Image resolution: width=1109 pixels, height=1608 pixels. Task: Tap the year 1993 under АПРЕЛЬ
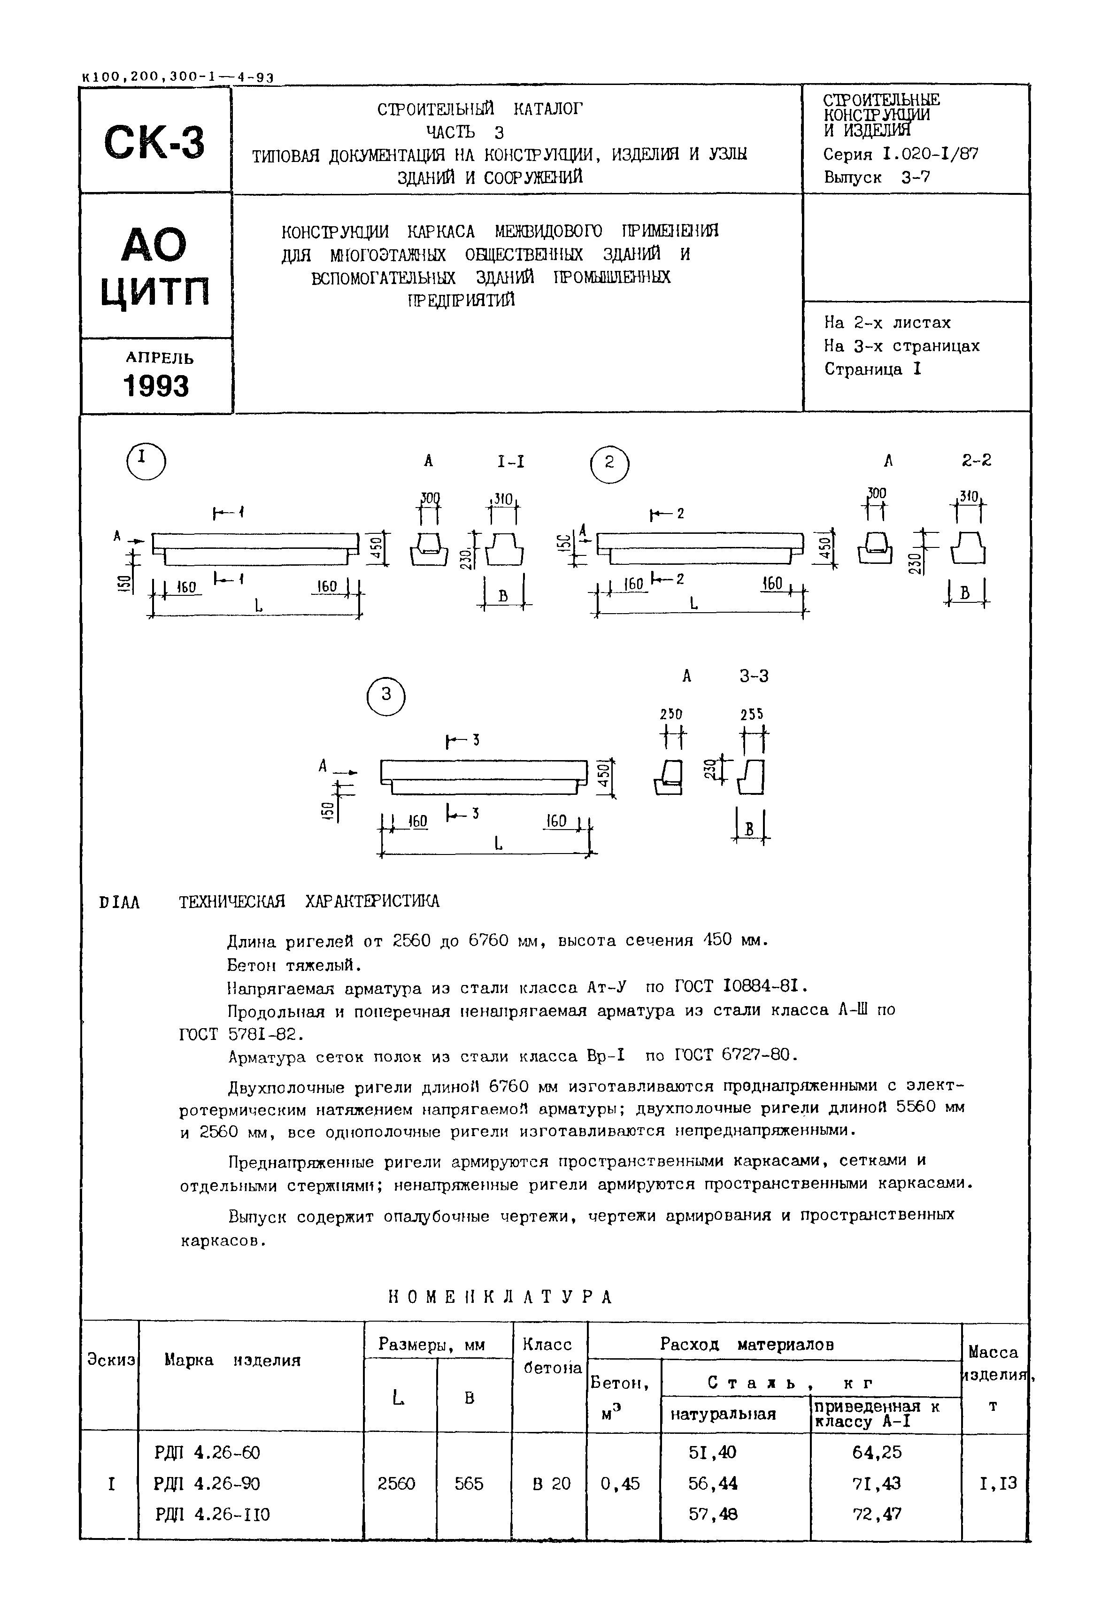[x=156, y=386]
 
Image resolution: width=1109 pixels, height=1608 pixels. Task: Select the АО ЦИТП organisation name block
[x=155, y=268]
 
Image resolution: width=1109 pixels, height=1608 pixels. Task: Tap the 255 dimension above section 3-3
[x=752, y=715]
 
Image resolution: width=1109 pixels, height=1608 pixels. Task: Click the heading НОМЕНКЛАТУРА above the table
[x=500, y=1297]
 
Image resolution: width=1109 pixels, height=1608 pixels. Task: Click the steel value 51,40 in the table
[x=712, y=1452]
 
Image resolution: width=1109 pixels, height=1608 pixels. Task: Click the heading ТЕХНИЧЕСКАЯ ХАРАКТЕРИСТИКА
[x=309, y=902]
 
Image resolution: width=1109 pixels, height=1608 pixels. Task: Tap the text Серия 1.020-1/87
[x=901, y=154]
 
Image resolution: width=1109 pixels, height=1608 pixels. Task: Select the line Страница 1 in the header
[x=873, y=369]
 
